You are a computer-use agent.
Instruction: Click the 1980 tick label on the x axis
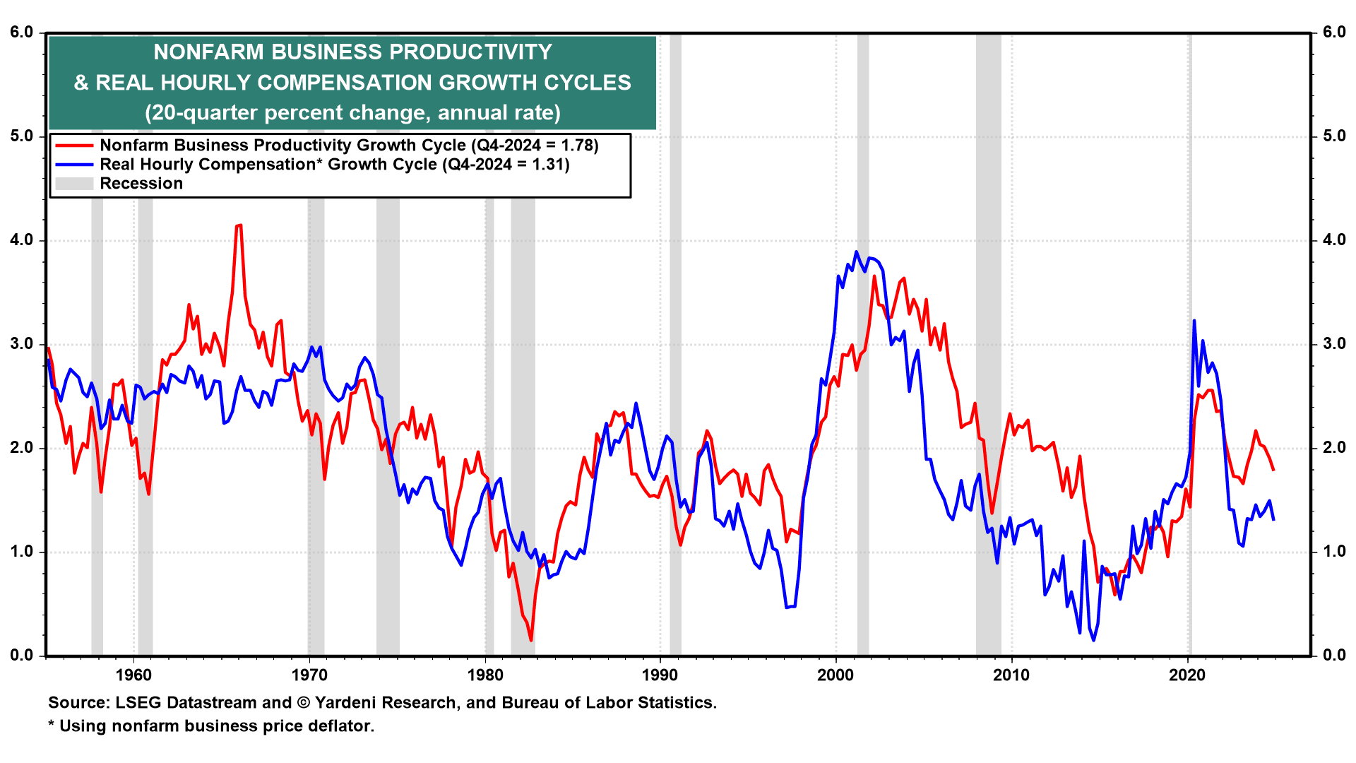(x=485, y=675)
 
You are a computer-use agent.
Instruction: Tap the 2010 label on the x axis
(x=1011, y=675)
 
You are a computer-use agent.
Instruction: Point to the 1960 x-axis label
(x=133, y=675)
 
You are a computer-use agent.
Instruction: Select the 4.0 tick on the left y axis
(x=21, y=240)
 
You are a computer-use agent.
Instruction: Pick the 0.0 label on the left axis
(x=21, y=656)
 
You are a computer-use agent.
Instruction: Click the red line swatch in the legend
(x=74, y=146)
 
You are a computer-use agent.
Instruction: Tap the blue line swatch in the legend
(x=74, y=165)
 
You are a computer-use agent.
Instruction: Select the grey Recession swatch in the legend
(x=74, y=184)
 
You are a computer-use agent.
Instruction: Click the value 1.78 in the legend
(x=578, y=146)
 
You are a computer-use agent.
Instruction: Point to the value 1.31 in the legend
(x=549, y=165)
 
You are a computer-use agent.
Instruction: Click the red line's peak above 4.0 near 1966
(x=239, y=225)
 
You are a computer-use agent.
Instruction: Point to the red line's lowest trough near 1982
(x=530, y=640)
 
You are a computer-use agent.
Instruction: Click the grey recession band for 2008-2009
(x=988, y=353)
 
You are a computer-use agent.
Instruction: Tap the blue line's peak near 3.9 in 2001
(x=857, y=252)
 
